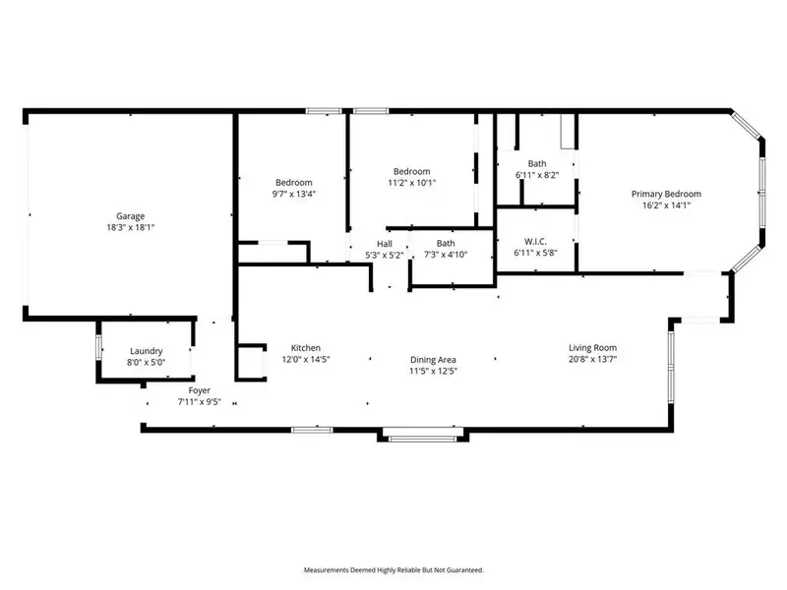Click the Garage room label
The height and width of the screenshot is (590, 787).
pyautogui.click(x=131, y=215)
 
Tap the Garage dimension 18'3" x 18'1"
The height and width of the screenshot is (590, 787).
pyautogui.click(x=131, y=227)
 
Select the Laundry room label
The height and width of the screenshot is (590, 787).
pyautogui.click(x=146, y=351)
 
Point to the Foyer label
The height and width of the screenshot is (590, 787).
pyautogui.click(x=199, y=390)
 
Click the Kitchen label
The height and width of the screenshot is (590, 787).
pyautogui.click(x=305, y=348)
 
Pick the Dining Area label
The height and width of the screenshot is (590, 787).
pyautogui.click(x=433, y=360)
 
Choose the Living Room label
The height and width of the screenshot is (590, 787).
pyautogui.click(x=592, y=348)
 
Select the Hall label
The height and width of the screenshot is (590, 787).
pyautogui.click(x=384, y=244)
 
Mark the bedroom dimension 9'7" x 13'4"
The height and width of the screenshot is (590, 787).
pyautogui.click(x=293, y=194)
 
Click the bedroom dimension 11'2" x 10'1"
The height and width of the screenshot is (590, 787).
pyautogui.click(x=411, y=182)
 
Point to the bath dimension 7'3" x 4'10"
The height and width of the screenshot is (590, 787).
pyautogui.click(x=446, y=255)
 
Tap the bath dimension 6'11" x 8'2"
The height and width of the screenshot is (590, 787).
pyautogui.click(x=536, y=175)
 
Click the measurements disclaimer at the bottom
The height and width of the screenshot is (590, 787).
pyautogui.click(x=393, y=570)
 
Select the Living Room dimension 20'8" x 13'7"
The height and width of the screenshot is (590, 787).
pyautogui.click(x=592, y=360)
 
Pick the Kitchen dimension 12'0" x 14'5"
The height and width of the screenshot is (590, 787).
pyautogui.click(x=305, y=360)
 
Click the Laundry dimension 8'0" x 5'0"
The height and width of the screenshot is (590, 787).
pyautogui.click(x=146, y=363)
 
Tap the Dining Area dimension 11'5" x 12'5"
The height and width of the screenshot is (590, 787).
pyautogui.click(x=433, y=372)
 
